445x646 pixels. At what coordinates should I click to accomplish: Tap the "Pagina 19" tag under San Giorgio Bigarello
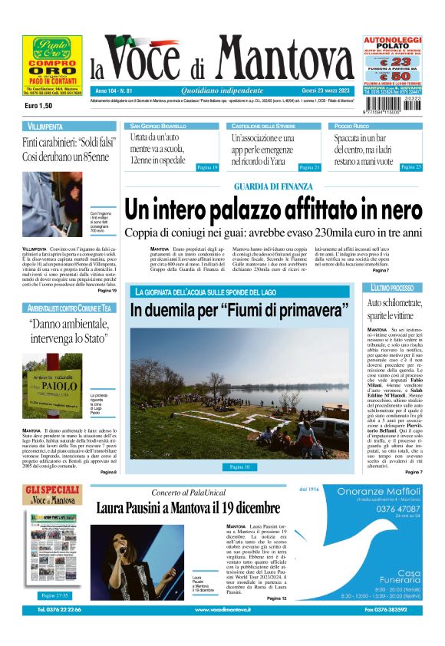pos(207,166)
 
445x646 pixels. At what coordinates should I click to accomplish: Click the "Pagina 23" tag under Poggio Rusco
pos(411,166)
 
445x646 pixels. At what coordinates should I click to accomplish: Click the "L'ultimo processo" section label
pos(393,287)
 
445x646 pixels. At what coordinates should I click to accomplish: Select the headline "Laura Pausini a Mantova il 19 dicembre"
pos(188,509)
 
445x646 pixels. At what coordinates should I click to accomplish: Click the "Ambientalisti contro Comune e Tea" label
pos(69,308)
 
